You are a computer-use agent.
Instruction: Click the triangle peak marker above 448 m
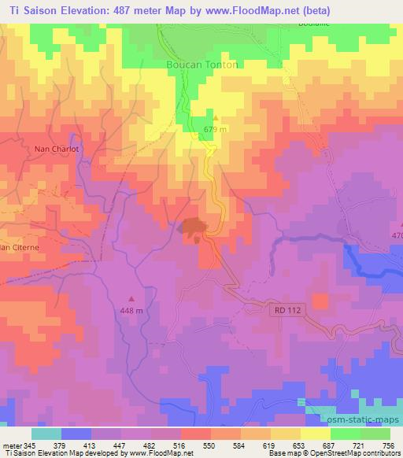point(131,298)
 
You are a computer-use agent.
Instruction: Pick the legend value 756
point(389,445)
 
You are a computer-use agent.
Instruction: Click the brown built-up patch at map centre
point(194,227)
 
